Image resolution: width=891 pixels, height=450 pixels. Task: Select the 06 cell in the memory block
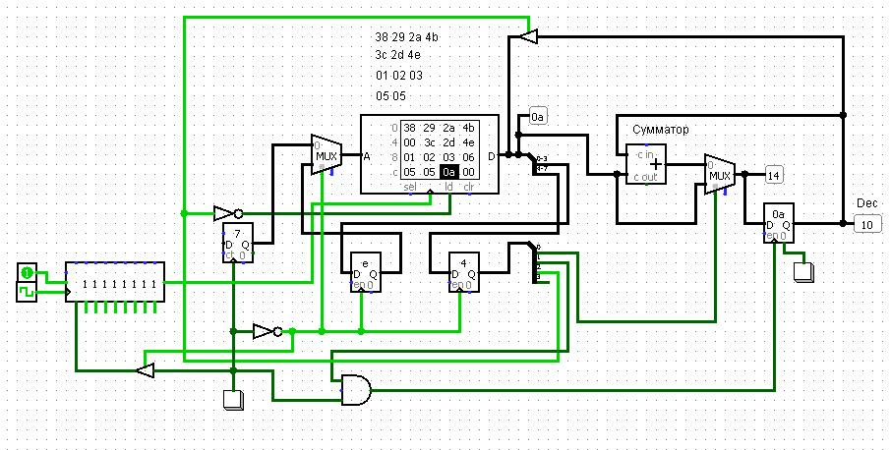468,156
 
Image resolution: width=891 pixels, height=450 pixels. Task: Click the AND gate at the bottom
355,390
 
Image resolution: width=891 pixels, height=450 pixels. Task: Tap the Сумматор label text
661,129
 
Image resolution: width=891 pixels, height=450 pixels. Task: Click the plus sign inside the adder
656,165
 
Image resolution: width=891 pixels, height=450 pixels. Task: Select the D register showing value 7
237,241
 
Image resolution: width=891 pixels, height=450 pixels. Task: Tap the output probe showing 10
866,224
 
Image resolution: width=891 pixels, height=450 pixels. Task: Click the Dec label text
865,202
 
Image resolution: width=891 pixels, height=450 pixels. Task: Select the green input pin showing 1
29,271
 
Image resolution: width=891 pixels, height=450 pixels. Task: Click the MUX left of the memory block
326,155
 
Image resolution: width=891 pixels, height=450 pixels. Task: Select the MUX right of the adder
720,174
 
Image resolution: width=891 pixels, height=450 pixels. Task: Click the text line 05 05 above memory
390,96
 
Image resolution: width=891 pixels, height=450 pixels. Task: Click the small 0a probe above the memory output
538,117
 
